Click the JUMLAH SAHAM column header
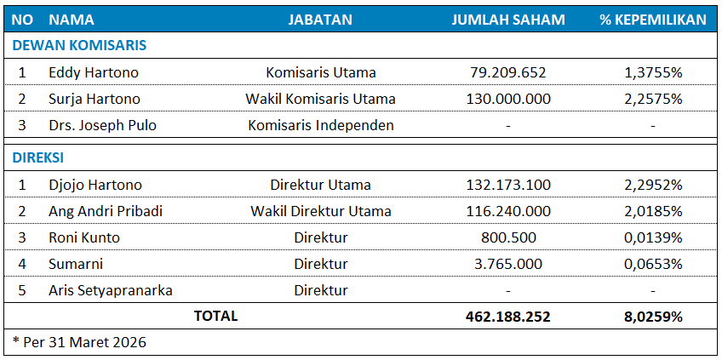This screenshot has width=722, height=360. (507, 20)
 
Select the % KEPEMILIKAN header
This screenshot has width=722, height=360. (653, 20)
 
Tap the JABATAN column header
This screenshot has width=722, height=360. (320, 20)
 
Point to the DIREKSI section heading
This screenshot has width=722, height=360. (37, 157)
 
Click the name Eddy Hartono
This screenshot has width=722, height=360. (94, 72)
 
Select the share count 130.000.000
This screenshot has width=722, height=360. (508, 99)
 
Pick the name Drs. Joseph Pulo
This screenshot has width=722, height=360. (102, 125)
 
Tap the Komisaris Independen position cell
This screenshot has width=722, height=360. (321, 125)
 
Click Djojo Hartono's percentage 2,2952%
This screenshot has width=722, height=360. (653, 185)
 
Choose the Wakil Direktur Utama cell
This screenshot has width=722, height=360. (321, 211)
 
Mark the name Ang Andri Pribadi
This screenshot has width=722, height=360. (106, 211)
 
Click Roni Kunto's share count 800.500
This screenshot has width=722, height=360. (508, 237)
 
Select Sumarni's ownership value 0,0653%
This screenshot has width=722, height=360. (653, 264)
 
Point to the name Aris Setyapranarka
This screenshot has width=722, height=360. (111, 290)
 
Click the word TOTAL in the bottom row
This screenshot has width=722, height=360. (216, 317)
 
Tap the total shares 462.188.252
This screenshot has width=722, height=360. (508, 317)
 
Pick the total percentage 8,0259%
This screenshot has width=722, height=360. (653, 317)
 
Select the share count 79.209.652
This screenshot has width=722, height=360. (508, 72)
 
